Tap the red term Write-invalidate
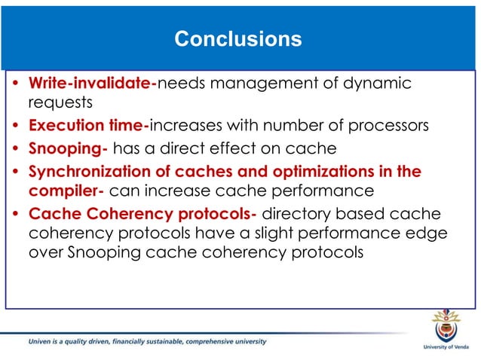coord(91,82)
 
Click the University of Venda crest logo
coord(446,327)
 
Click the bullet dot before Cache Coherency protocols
coord(17,215)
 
